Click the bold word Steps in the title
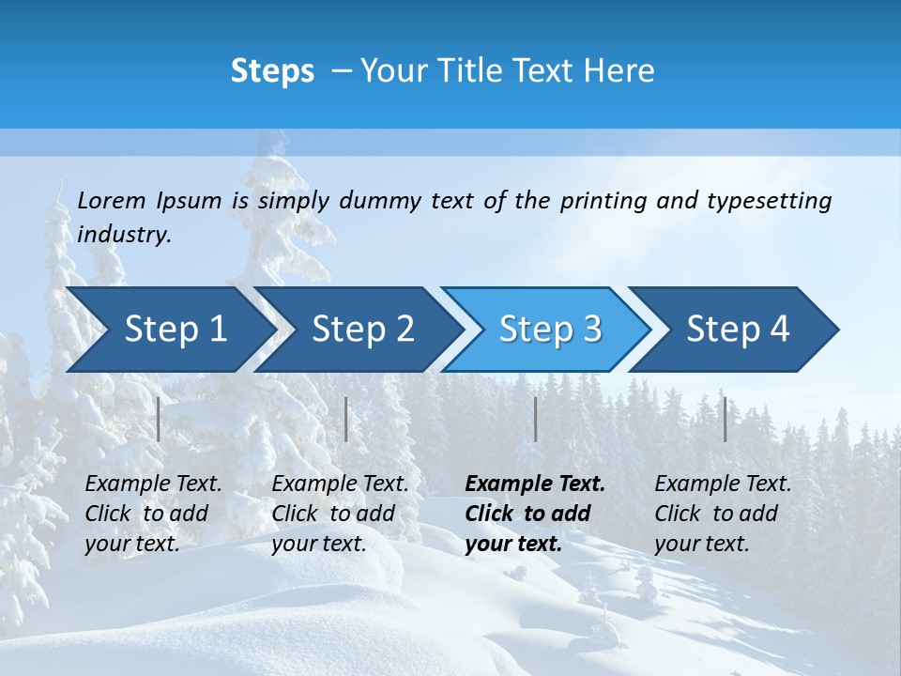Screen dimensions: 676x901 pos(272,70)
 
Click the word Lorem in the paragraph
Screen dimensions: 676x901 pos(112,200)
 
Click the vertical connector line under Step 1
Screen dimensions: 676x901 pos(159,419)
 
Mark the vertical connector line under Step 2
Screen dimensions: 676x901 pos(346,419)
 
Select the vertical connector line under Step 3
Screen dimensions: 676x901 pos(535,419)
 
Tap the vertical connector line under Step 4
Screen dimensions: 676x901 pos(725,419)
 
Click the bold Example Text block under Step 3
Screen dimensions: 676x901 pos(535,514)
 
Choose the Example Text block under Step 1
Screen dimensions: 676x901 pos(153,514)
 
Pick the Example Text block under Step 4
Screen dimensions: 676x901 pos(723,514)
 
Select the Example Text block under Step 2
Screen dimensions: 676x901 pos(340,514)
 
